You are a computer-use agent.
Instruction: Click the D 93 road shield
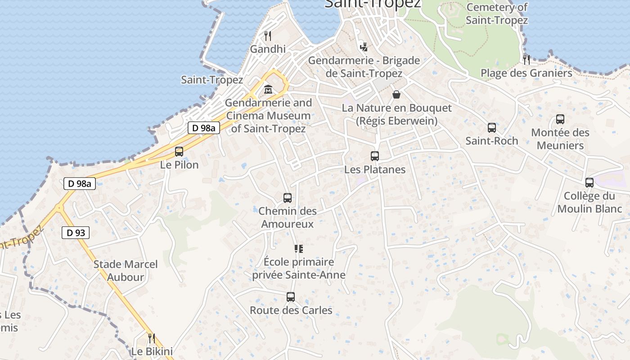pyautogui.click(x=76, y=233)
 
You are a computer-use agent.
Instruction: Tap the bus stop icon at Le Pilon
pyautogui.click(x=179, y=152)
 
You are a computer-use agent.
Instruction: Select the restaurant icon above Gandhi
pyautogui.click(x=268, y=36)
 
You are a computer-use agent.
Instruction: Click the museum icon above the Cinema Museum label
pyautogui.click(x=268, y=89)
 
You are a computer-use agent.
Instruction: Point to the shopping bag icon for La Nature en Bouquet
pyautogui.click(x=396, y=94)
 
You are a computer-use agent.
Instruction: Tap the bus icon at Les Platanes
pyautogui.click(x=375, y=156)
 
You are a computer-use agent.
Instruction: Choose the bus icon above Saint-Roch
pyautogui.click(x=492, y=128)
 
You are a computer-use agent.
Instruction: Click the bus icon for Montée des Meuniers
pyautogui.click(x=560, y=119)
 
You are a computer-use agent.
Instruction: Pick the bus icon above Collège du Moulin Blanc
pyautogui.click(x=589, y=183)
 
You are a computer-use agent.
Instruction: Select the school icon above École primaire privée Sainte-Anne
pyautogui.click(x=299, y=249)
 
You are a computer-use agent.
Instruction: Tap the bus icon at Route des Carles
pyautogui.click(x=291, y=297)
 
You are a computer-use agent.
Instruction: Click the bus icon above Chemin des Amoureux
pyautogui.click(x=288, y=198)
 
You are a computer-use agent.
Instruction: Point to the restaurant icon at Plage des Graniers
pyautogui.click(x=526, y=59)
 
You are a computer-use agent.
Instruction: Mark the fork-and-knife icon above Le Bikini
pyautogui.click(x=152, y=338)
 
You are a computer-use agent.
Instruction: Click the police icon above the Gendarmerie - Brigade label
pyautogui.click(x=364, y=47)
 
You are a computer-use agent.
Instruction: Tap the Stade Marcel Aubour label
pyautogui.click(x=126, y=270)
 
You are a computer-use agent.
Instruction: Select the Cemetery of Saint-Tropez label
pyautogui.click(x=497, y=13)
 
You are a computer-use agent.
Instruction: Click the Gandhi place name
pyautogui.click(x=268, y=49)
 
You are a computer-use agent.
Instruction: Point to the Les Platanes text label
pyautogui.click(x=375, y=170)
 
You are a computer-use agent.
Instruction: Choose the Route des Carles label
pyautogui.click(x=291, y=310)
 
